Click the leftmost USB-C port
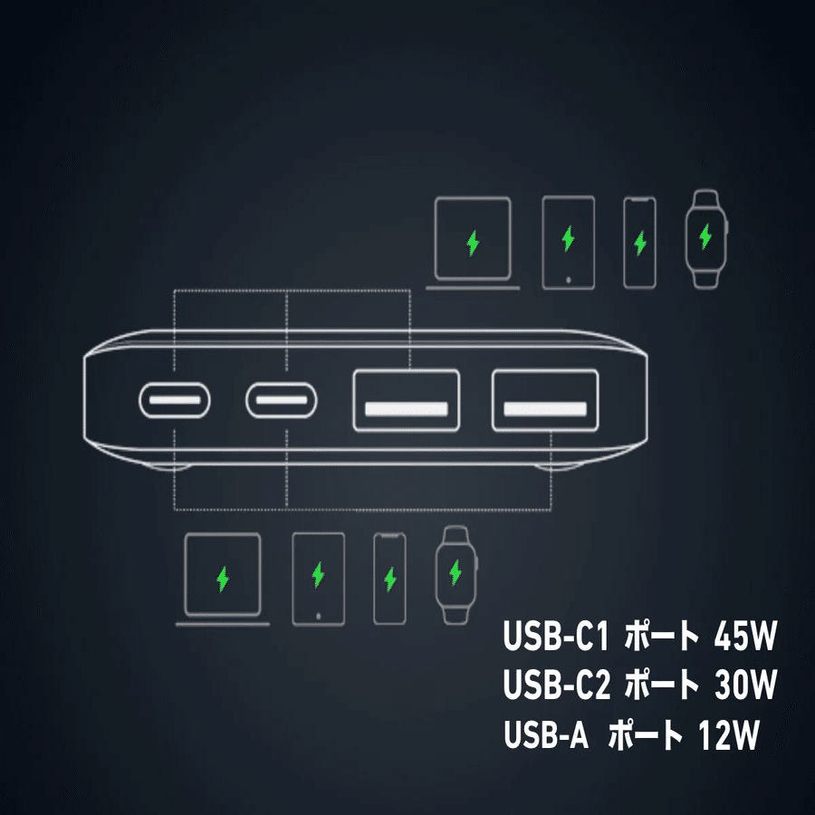point(175,398)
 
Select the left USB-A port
point(406,400)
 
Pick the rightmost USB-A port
point(545,400)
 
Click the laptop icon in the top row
point(473,243)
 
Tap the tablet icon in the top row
point(568,242)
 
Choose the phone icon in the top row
point(640,242)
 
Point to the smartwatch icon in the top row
point(705,238)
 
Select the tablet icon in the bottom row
point(318,577)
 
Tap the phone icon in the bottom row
point(390,577)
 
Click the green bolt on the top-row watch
point(705,238)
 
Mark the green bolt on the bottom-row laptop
point(223,578)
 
